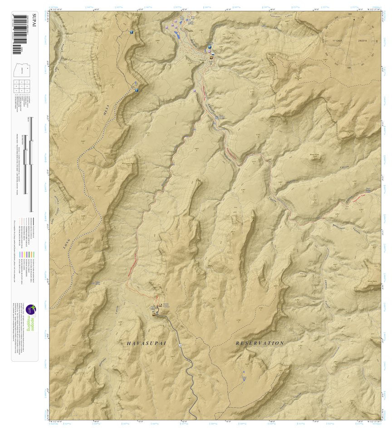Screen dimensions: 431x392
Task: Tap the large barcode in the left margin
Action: click(x=20, y=29)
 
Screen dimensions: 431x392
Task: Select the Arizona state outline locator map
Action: click(x=20, y=70)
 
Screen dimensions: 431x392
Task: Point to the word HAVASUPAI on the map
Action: click(x=147, y=344)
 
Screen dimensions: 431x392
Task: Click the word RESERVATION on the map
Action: click(x=260, y=343)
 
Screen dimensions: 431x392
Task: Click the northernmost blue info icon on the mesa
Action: click(x=131, y=32)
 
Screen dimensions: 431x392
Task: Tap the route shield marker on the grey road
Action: click(x=180, y=345)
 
